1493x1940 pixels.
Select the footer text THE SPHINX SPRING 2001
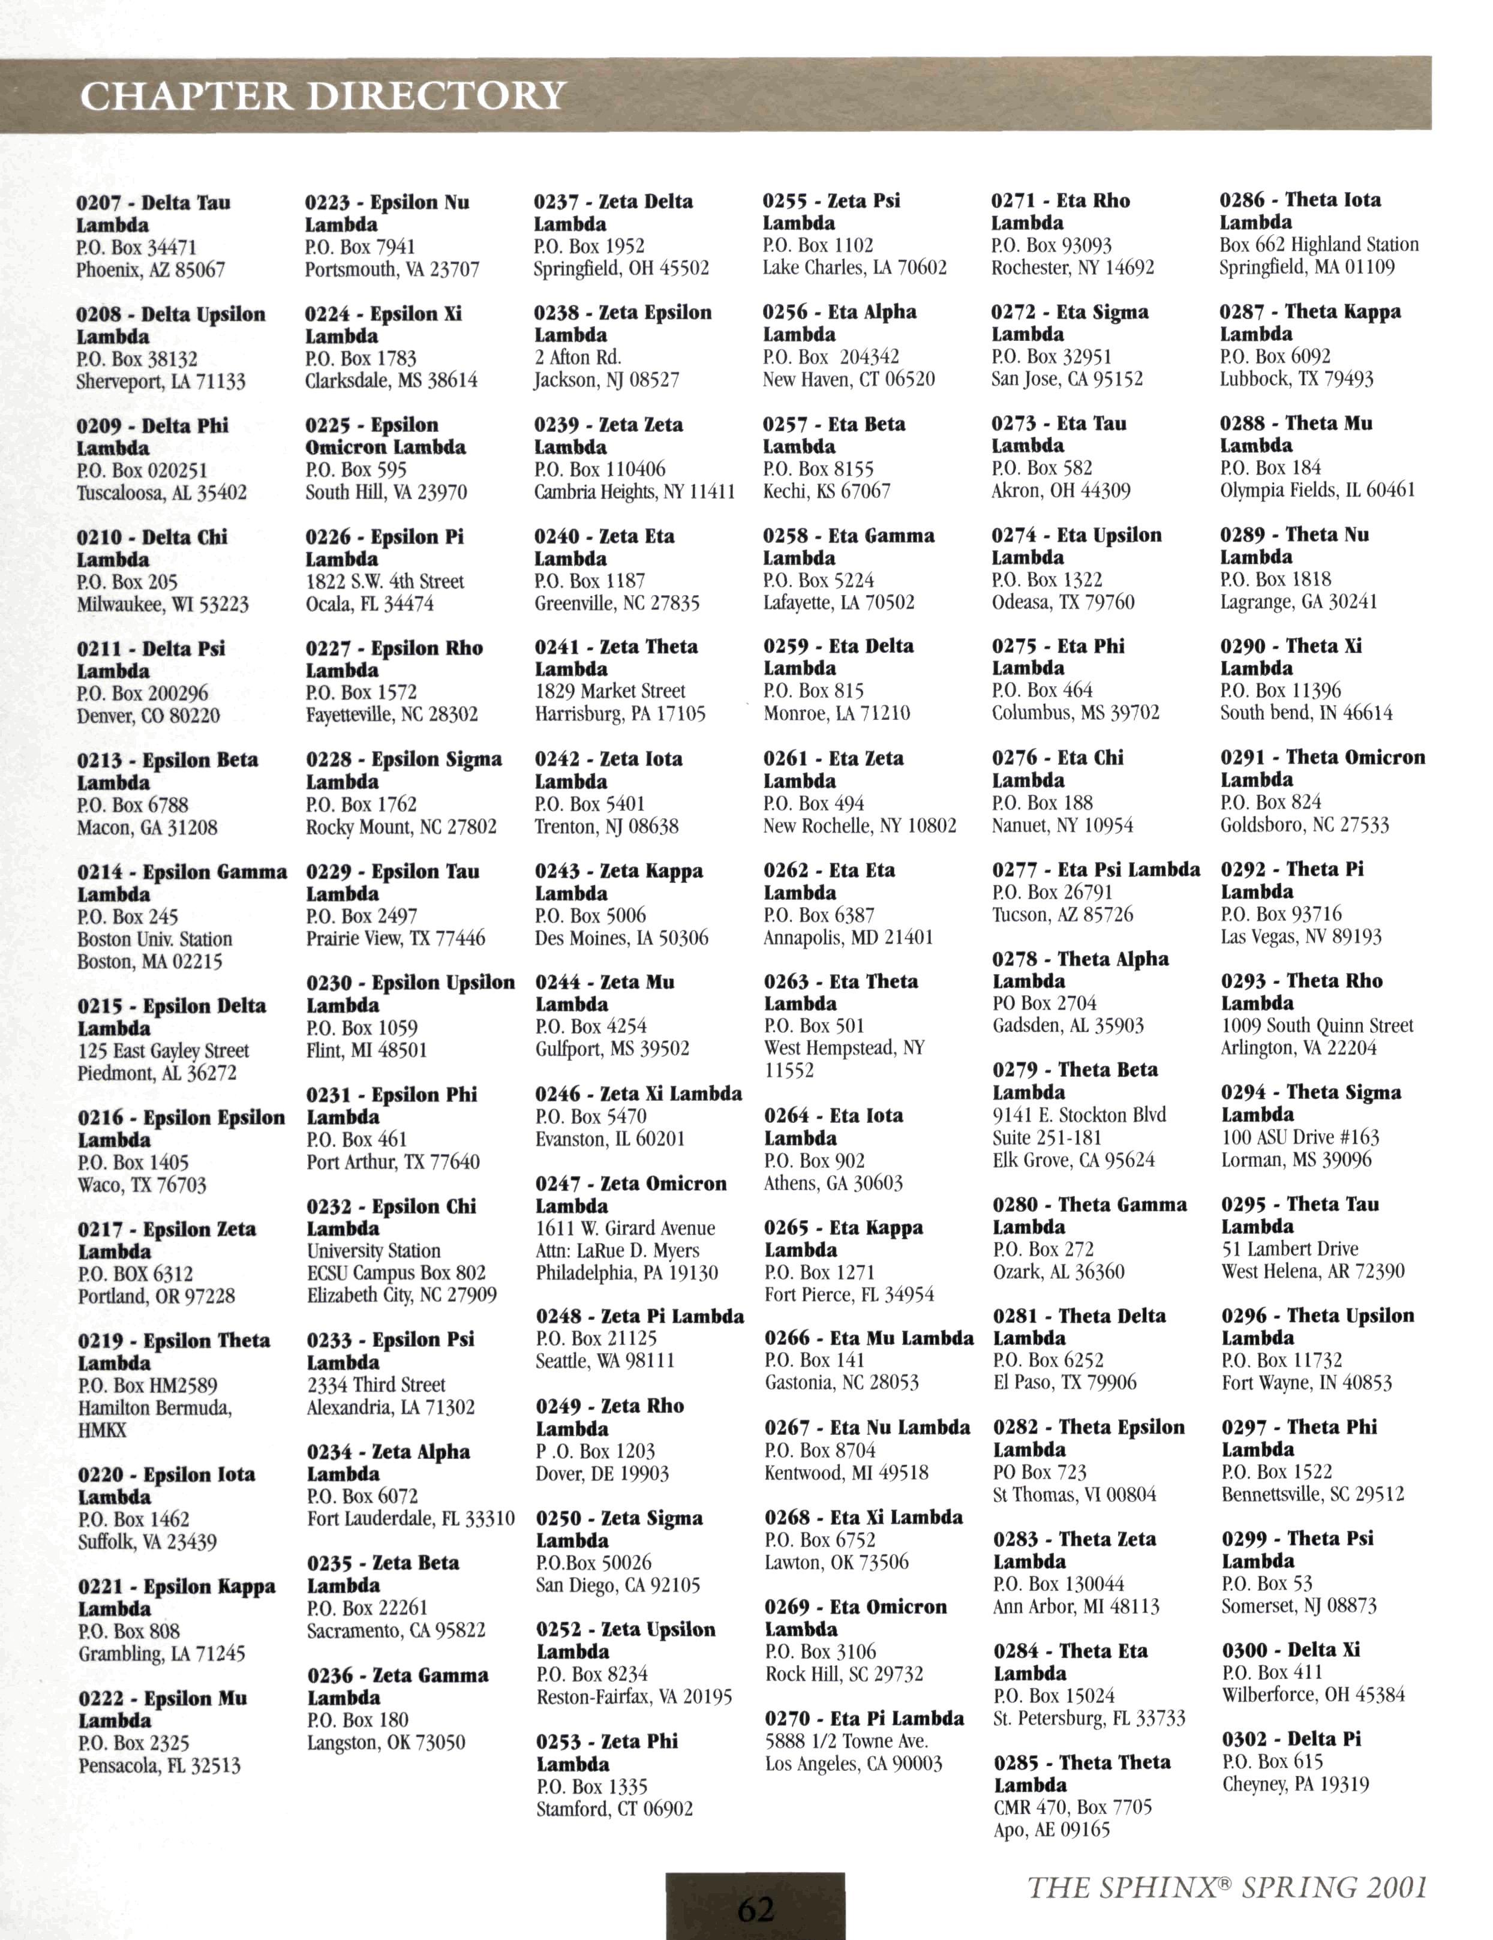[1227, 1886]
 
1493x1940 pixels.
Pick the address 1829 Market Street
[609, 690]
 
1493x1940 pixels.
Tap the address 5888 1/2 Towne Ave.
[846, 1740]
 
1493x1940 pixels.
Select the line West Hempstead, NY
[844, 1047]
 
